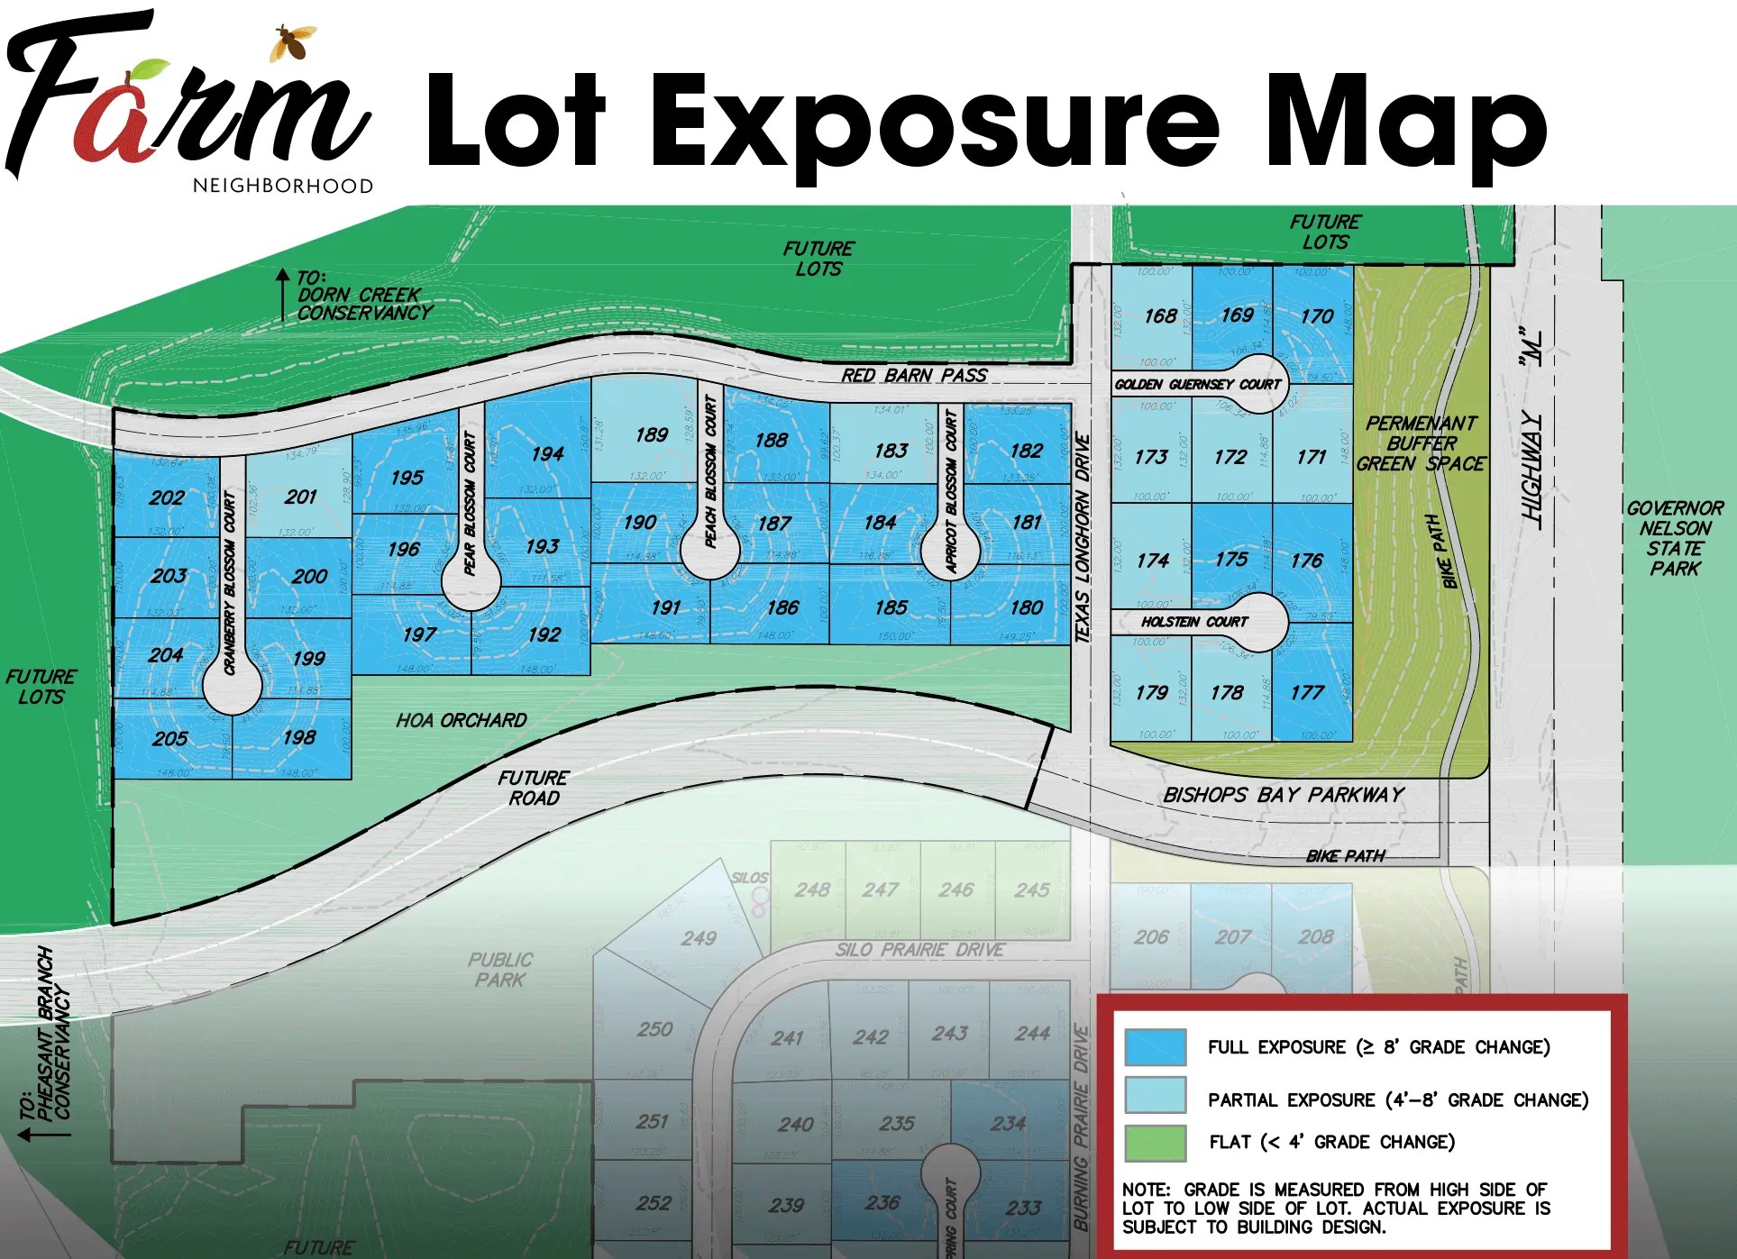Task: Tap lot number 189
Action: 651,435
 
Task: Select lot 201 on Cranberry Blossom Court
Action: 300,497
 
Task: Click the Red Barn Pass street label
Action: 914,375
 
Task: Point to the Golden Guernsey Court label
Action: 1197,384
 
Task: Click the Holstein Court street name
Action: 1193,622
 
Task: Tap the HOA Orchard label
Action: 461,720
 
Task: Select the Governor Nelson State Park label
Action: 1675,538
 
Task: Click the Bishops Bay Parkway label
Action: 1283,795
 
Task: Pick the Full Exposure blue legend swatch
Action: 1155,1047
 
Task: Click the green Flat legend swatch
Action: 1155,1143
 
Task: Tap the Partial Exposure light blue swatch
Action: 1155,1095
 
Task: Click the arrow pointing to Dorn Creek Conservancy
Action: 282,293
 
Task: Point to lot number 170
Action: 1316,316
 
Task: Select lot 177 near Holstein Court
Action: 1306,692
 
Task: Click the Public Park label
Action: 500,970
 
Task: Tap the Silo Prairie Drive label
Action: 919,950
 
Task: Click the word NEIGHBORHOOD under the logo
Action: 282,186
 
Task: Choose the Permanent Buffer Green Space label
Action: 1421,443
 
